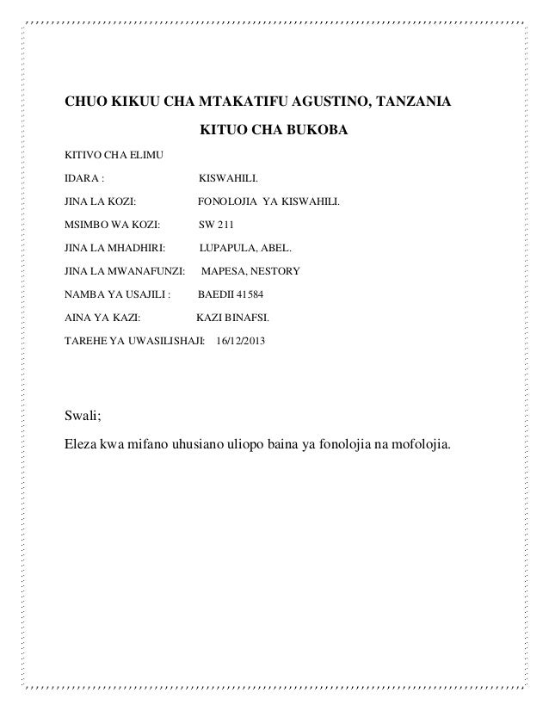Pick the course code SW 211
216,226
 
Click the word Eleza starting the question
83,447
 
